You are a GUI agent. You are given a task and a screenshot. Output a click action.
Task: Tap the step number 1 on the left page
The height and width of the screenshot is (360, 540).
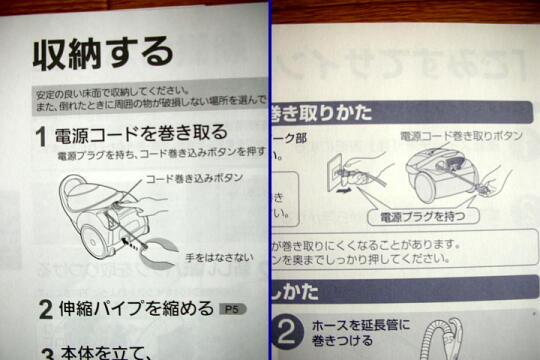[x=41, y=134]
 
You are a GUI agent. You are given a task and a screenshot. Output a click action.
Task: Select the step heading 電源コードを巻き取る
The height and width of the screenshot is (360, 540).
[x=140, y=133]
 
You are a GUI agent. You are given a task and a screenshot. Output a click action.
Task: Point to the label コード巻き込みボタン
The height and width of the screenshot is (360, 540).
[x=194, y=178]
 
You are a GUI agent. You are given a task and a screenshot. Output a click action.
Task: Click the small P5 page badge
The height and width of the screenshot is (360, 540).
[x=232, y=310]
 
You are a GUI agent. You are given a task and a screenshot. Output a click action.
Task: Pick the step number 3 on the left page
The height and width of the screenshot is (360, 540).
[x=46, y=351]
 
